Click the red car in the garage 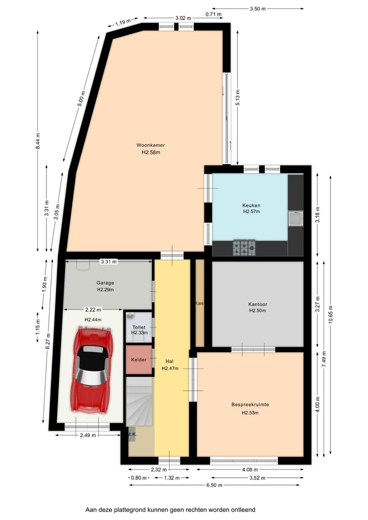click(93, 369)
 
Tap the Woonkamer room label click(150, 145)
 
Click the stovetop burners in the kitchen click(244, 248)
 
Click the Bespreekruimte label click(250, 404)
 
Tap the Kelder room click(139, 359)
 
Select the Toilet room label click(139, 327)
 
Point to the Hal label click(170, 360)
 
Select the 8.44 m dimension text click(37, 141)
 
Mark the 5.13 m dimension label click(238, 97)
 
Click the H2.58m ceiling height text click(150, 152)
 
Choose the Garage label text click(105, 283)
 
